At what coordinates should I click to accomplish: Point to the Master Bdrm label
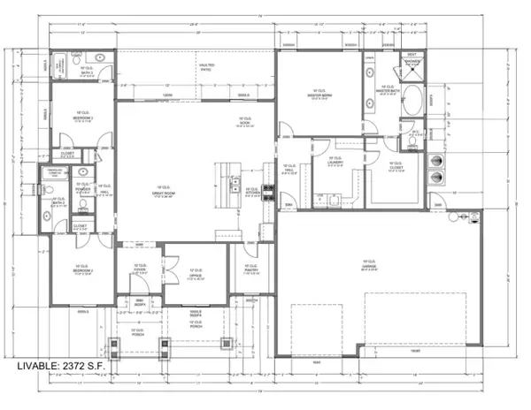[x=319, y=95]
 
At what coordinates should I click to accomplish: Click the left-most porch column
[x=112, y=345]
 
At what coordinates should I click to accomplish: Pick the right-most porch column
[x=226, y=345]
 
